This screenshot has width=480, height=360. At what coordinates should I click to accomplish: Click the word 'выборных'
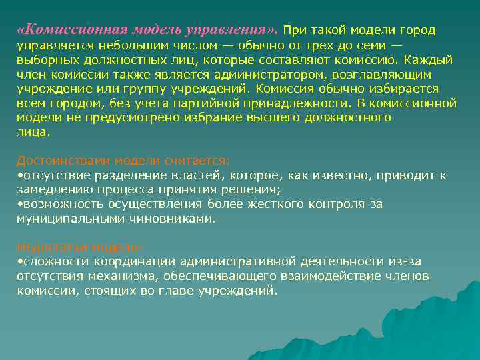click(41, 60)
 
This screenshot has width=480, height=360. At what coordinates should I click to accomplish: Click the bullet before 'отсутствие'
click(19, 175)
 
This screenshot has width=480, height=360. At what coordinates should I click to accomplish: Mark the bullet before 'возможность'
click(19, 205)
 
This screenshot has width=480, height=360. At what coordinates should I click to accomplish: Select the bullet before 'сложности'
click(19, 261)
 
